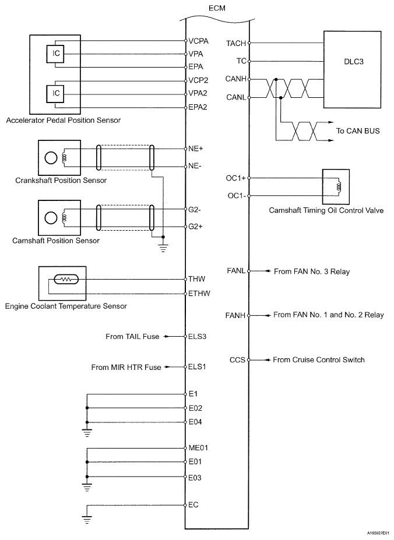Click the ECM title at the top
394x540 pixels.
pyautogui.click(x=217, y=8)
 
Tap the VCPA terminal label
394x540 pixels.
pyautogui.click(x=197, y=41)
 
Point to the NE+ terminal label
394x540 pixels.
pyautogui.click(x=196, y=149)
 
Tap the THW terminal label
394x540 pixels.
pyautogui.click(x=196, y=278)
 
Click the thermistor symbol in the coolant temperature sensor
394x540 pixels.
pyautogui.click(x=65, y=280)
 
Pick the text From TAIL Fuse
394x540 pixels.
pyautogui.click(x=132, y=336)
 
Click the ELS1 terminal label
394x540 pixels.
pyautogui.click(x=197, y=367)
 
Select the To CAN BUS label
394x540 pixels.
pyautogui.click(x=357, y=131)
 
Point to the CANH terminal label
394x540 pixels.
pyautogui.click(x=237, y=78)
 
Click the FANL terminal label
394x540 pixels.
pyautogui.click(x=237, y=271)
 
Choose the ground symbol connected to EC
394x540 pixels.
pyautogui.click(x=86, y=517)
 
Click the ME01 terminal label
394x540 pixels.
pyautogui.click(x=198, y=448)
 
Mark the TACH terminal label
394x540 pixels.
pyautogui.click(x=236, y=43)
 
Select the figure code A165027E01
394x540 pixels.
pyautogui.click(x=378, y=532)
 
